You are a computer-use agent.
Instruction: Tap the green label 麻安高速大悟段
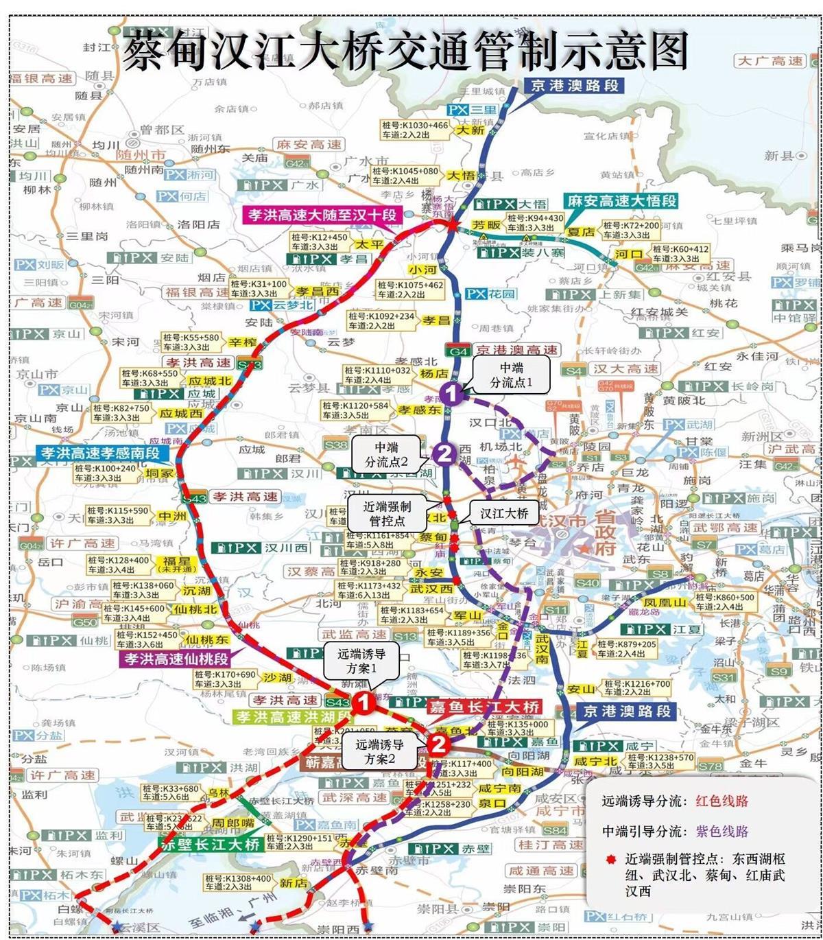click(621, 201)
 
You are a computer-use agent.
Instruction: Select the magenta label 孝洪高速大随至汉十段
click(322, 215)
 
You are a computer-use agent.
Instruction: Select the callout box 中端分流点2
click(386, 455)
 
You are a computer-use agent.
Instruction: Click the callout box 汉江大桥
click(504, 513)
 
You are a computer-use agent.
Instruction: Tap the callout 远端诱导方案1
click(361, 661)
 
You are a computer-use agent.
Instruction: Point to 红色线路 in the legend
click(721, 801)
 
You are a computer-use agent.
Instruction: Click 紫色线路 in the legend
click(721, 831)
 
